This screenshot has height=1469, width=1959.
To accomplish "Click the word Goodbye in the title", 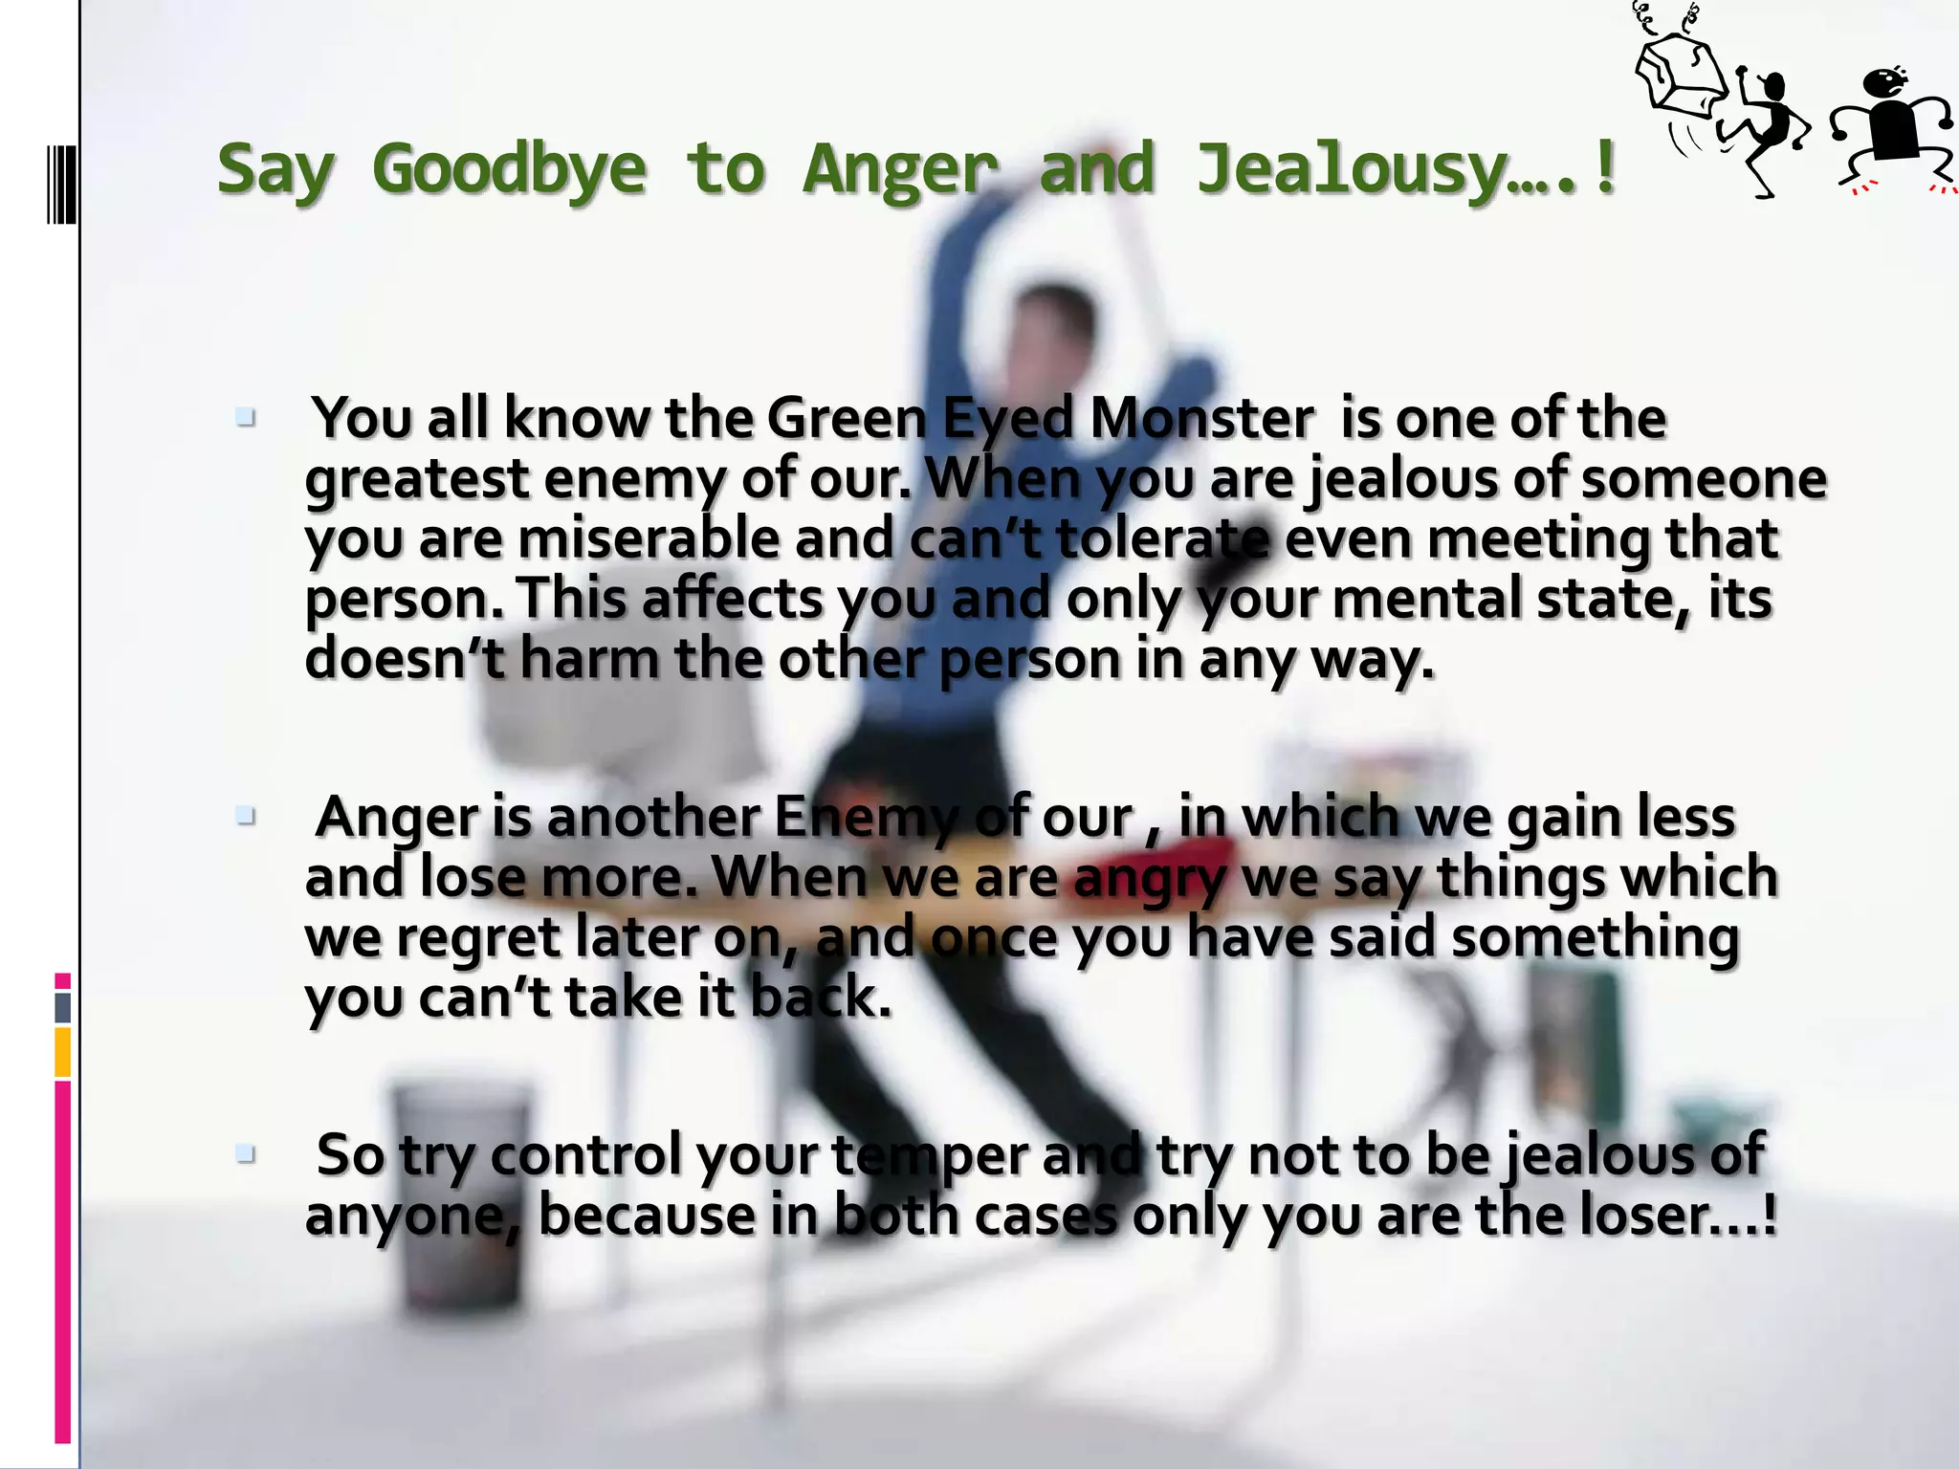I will click(x=509, y=170).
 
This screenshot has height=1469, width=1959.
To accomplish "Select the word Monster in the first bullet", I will click(x=1201, y=419).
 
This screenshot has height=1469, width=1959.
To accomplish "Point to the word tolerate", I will click(x=1163, y=538).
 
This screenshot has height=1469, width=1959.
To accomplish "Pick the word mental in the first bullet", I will click(x=1427, y=600).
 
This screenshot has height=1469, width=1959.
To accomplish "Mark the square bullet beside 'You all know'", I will click(x=246, y=418).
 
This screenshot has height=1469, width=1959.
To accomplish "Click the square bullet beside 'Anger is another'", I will click(x=246, y=816).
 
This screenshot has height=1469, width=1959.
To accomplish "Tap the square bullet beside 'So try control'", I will click(x=246, y=1154).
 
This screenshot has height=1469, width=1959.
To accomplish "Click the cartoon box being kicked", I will click(x=1679, y=76).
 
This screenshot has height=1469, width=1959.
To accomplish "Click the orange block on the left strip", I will click(x=63, y=1051).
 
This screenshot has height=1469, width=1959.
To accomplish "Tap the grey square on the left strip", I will click(x=63, y=1007).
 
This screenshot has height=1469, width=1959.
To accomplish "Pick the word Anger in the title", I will click(x=899, y=170).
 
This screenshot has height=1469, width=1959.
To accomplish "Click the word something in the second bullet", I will click(x=1595, y=938).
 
